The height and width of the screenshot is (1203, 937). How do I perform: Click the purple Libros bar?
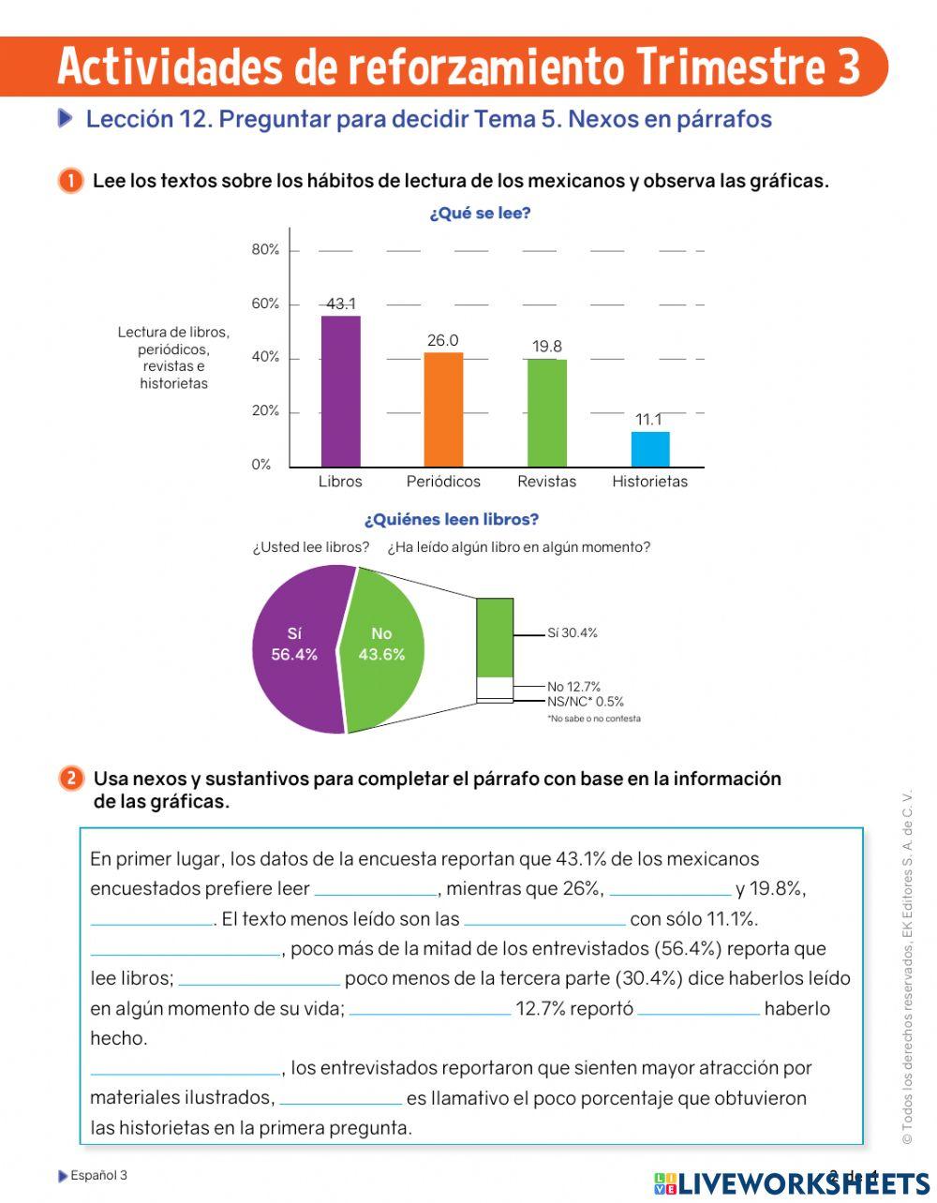click(340, 391)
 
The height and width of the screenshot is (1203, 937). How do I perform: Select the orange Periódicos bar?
click(443, 409)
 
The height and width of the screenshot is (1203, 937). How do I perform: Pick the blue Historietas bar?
click(650, 449)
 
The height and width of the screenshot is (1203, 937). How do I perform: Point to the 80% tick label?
click(265, 249)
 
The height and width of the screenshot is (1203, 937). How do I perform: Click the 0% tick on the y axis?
click(261, 465)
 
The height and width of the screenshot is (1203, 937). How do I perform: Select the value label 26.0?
click(443, 340)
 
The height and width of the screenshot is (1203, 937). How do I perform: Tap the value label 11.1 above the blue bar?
click(648, 419)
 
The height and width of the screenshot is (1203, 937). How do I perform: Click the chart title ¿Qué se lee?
click(480, 214)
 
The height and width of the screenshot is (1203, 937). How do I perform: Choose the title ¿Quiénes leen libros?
click(452, 519)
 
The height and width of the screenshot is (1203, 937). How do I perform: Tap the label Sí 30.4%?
click(573, 633)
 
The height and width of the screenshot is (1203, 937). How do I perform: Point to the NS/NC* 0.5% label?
click(586, 702)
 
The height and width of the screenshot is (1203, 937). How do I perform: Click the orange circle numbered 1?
click(70, 180)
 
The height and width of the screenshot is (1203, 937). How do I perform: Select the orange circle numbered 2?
click(70, 779)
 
